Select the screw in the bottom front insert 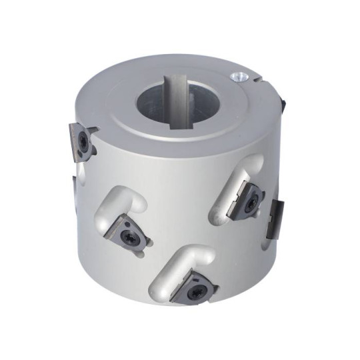click(196, 292)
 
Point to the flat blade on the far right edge click(275, 217)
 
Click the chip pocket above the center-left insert click(120, 203)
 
